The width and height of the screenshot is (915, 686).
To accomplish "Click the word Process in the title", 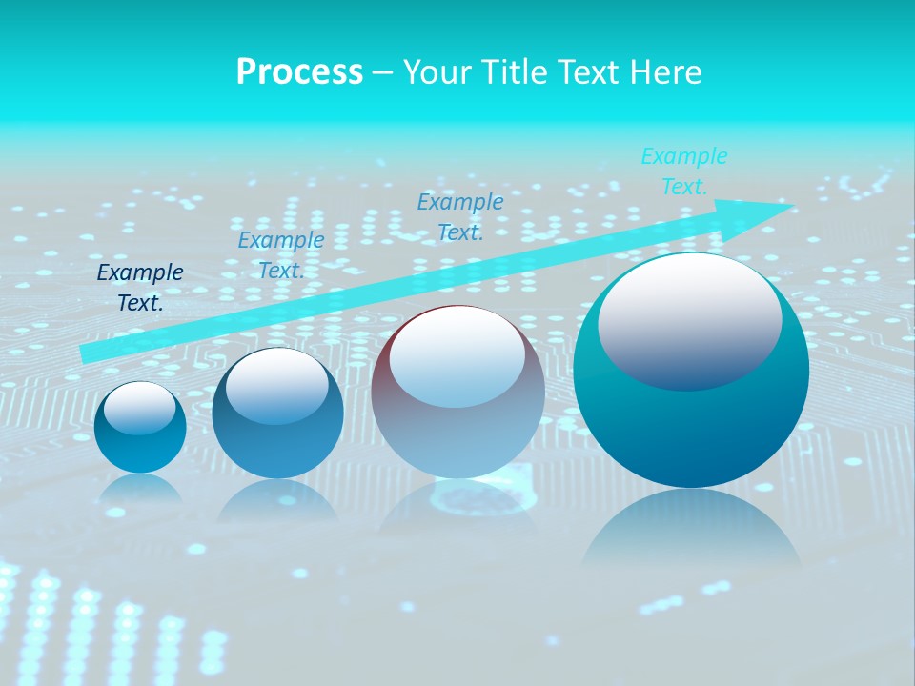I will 299,72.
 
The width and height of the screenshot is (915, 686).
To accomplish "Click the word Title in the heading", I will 515,72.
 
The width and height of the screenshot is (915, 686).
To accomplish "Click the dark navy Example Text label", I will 140,288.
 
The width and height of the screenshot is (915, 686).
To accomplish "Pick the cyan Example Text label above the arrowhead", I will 684,171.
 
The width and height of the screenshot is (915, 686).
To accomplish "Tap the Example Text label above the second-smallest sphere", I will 281,255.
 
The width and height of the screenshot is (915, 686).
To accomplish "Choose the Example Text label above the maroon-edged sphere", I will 460,216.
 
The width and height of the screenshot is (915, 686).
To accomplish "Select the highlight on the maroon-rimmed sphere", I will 457,357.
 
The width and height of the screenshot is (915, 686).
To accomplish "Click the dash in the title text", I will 383,72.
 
